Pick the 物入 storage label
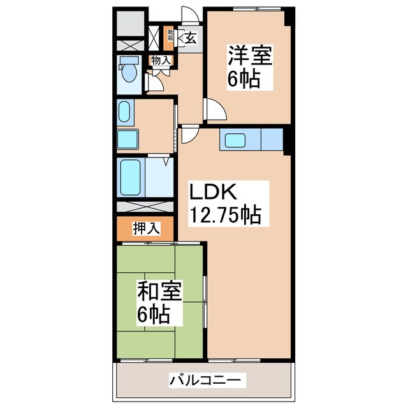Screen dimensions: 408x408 click(161, 61)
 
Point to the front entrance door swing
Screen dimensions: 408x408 click(187, 17)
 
